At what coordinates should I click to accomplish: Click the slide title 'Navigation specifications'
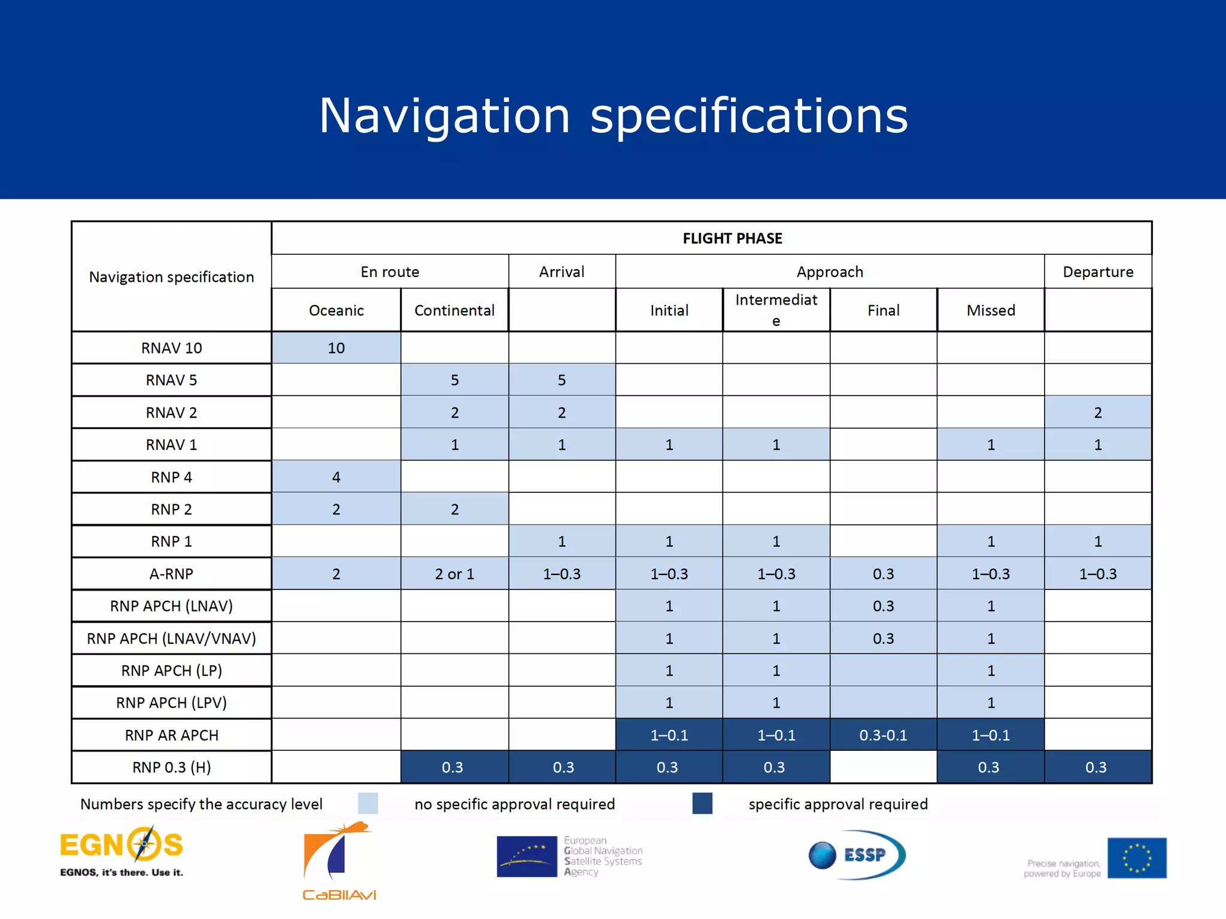(613, 115)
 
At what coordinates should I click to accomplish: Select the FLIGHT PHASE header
(732, 239)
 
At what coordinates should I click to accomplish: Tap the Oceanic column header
(336, 311)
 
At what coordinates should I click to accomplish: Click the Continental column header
(454, 311)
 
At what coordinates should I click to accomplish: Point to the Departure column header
(1097, 272)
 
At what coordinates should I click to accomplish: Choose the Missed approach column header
(990, 311)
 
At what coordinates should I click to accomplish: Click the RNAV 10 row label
(171, 348)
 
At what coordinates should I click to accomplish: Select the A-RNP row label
(171, 574)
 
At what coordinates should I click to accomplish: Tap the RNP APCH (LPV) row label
(171, 703)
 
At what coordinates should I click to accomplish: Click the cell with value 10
(336, 348)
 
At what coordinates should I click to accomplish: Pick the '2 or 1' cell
(454, 574)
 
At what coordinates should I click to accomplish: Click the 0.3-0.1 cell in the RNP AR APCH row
(883, 735)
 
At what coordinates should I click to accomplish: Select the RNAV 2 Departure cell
(1097, 413)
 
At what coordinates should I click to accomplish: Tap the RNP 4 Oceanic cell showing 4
(336, 477)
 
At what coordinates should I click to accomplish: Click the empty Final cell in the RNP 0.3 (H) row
(883, 768)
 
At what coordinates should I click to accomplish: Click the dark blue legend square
(702, 804)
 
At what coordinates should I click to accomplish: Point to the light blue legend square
(368, 804)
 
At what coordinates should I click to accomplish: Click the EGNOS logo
(122, 851)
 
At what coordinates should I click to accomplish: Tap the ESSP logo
(857, 854)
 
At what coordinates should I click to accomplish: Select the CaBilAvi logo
(339, 862)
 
